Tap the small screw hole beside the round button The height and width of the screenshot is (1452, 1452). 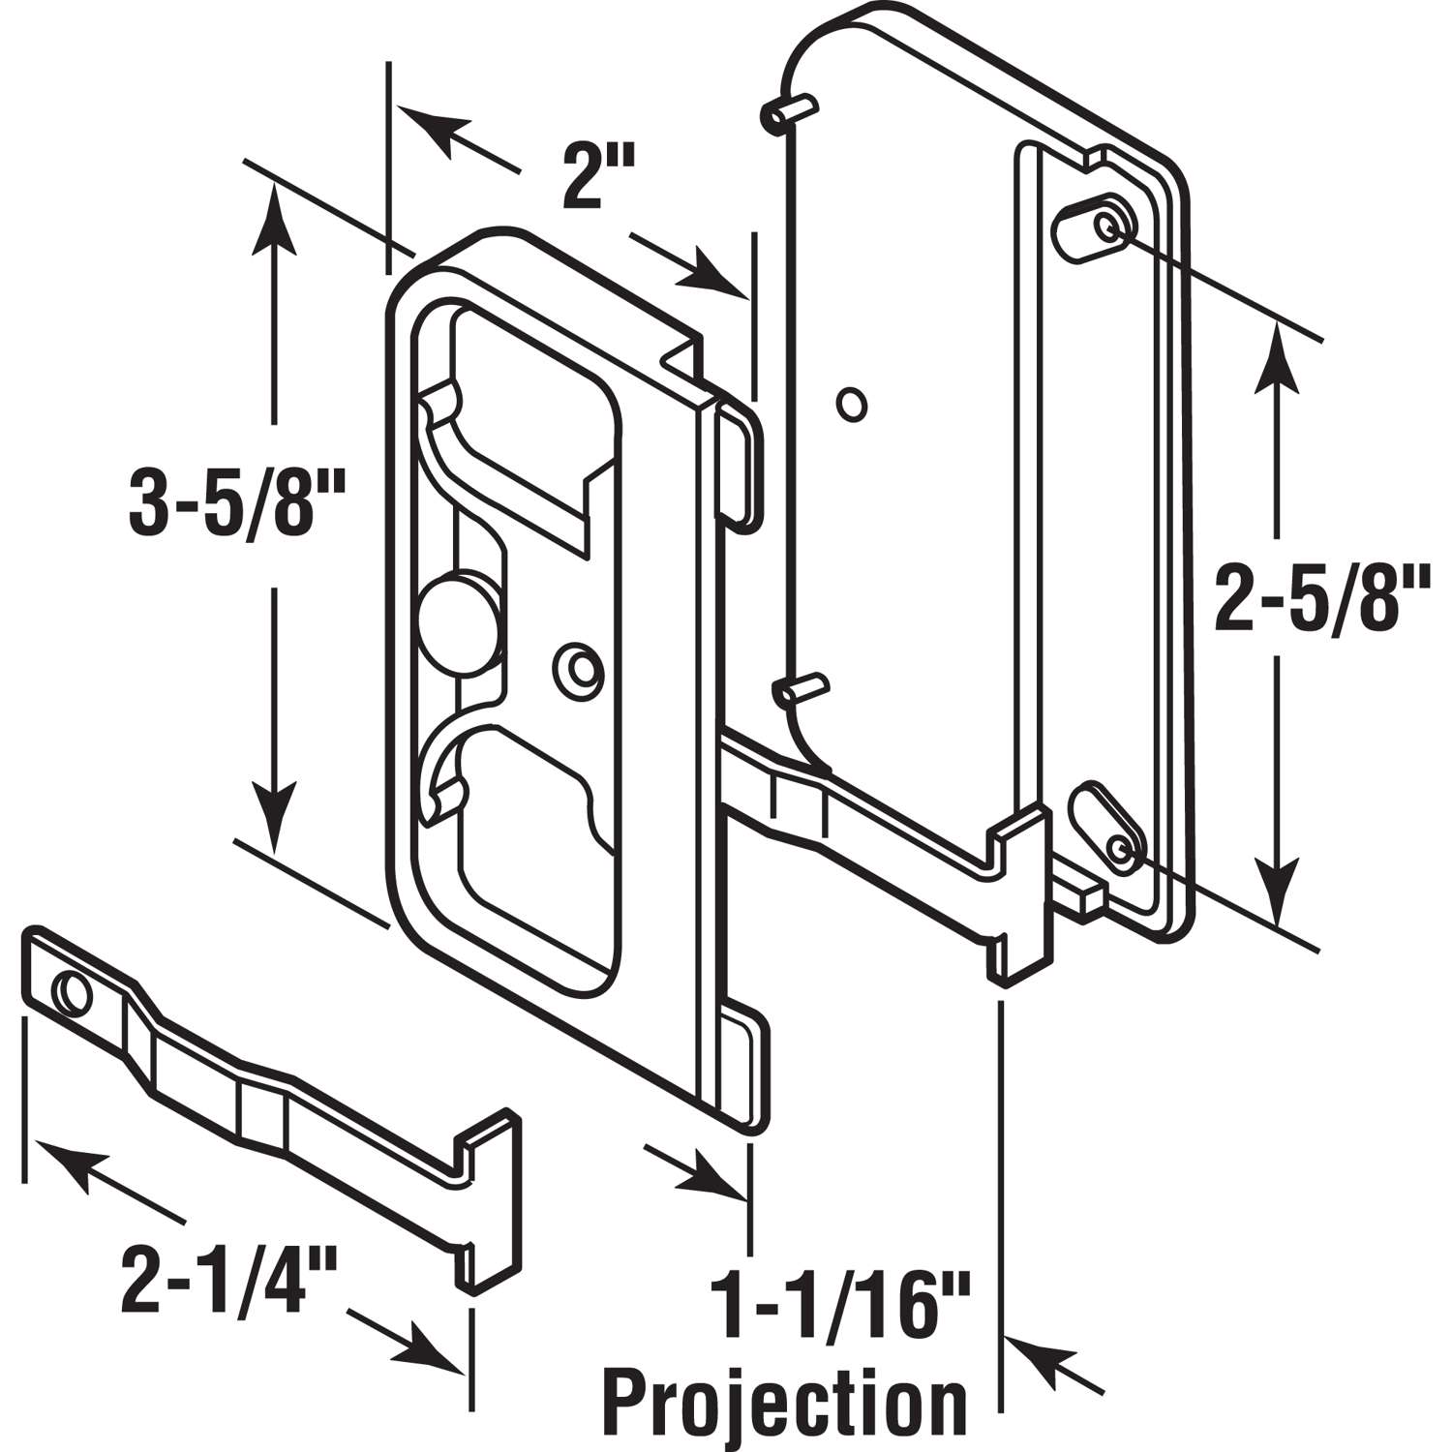pos(579,668)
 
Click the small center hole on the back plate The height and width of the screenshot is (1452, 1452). pos(852,405)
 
